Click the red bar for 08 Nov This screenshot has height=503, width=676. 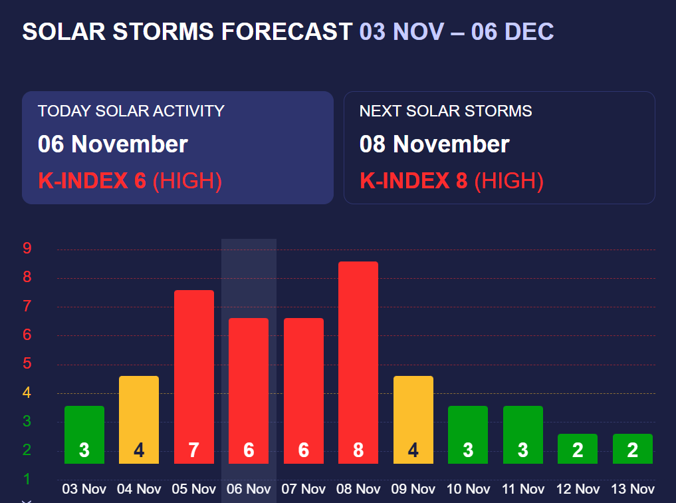tap(358, 359)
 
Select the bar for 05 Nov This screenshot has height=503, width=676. tap(193, 373)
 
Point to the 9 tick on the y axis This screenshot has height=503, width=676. tap(27, 249)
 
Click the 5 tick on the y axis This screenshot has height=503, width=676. tap(27, 364)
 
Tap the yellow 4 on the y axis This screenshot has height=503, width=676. tap(27, 393)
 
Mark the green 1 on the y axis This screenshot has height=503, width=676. tap(27, 479)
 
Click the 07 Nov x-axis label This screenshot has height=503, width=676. tap(304, 489)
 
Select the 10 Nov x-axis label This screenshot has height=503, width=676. tap(468, 489)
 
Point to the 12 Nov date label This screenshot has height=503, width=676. tap(578, 489)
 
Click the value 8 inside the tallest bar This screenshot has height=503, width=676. tap(358, 450)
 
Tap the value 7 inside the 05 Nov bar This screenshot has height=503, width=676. tap(193, 450)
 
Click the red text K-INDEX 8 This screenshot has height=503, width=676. tap(413, 180)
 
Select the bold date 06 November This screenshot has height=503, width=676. tap(113, 144)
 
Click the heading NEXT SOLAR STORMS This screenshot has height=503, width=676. tap(445, 111)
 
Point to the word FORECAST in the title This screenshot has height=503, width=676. tap(286, 31)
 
